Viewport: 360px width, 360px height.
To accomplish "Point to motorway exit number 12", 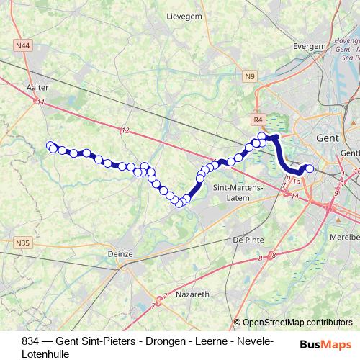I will [x=126, y=130].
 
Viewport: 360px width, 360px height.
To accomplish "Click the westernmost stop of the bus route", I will [x=50, y=145].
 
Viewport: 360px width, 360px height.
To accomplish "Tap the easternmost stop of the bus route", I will [x=310, y=168].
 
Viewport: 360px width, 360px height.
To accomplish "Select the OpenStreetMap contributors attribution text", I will [x=297, y=323].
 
